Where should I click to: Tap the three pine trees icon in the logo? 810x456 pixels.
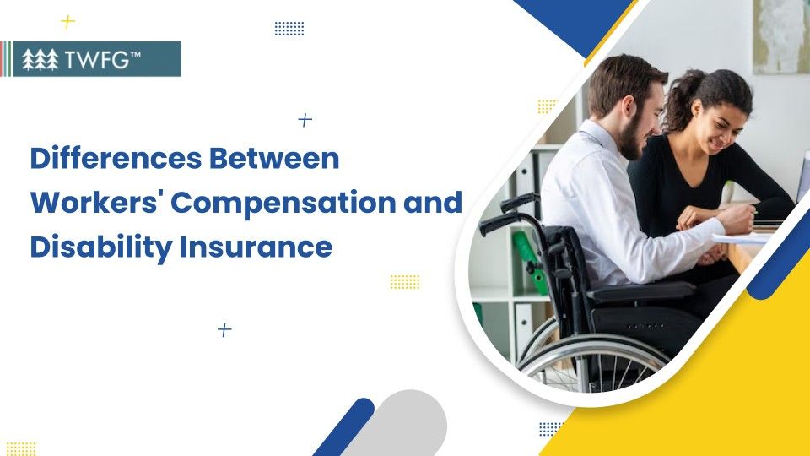coord(40,60)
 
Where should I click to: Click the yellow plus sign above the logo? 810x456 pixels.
coord(68,22)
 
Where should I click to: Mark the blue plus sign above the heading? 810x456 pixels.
coord(305,121)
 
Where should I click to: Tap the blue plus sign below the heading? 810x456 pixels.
coord(224,330)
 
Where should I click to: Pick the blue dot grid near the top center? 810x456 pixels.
coord(289,29)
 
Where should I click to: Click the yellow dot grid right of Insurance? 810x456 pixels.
coord(405,282)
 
